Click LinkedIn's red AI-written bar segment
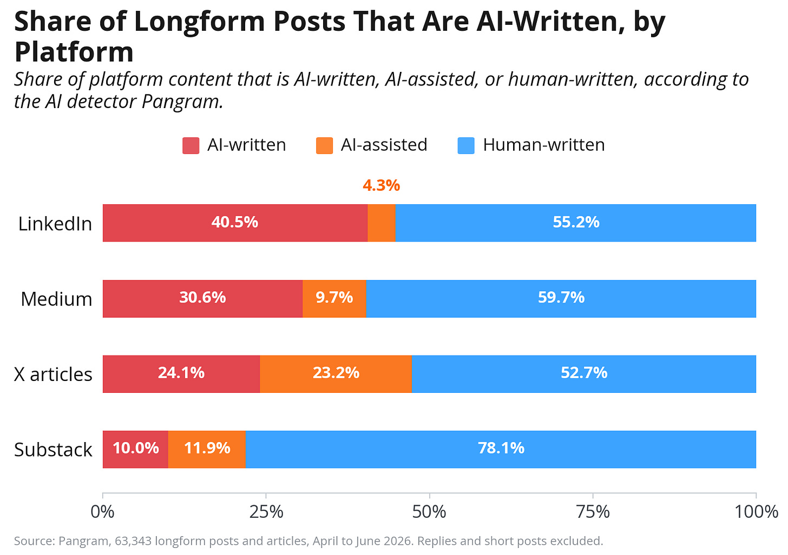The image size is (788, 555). tap(235, 223)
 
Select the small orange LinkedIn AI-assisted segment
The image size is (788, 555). tap(382, 223)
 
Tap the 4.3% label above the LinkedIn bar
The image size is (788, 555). tap(382, 185)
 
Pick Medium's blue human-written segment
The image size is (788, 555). tap(561, 299)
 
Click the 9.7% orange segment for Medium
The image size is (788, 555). tap(334, 299)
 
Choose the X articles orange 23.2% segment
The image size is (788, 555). tap(336, 374)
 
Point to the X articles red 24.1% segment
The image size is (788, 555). tap(181, 374)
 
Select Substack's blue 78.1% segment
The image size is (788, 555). tap(501, 450)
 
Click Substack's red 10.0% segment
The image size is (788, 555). tap(135, 450)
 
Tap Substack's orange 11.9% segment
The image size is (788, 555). tap(207, 450)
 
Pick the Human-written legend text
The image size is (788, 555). tap(544, 145)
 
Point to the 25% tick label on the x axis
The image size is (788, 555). tap(266, 512)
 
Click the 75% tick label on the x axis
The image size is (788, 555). tap(593, 512)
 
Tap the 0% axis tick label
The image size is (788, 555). tap(102, 512)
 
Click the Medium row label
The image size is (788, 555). tap(57, 299)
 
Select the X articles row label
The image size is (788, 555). tap(53, 375)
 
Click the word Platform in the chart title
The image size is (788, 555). tap(74, 52)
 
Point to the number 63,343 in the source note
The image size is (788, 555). tap(133, 541)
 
